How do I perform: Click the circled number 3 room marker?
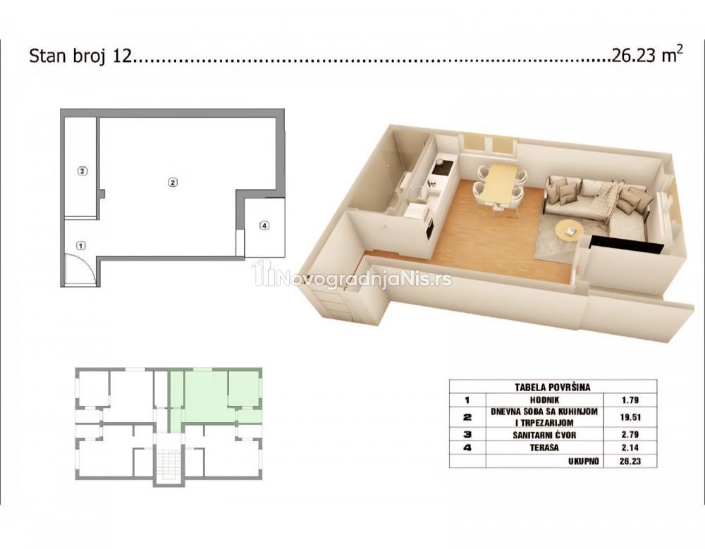82,171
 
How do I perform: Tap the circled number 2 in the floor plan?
173,182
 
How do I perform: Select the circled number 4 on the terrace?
264,226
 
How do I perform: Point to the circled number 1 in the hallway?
81,245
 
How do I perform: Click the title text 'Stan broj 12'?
81,56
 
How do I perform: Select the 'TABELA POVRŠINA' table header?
553,387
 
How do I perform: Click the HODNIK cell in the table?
545,400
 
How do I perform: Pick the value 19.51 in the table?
630,417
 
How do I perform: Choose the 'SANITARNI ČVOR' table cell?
544,435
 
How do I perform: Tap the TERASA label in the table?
544,448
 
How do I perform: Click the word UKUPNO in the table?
583,461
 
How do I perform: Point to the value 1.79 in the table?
630,400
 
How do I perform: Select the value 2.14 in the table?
630,448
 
